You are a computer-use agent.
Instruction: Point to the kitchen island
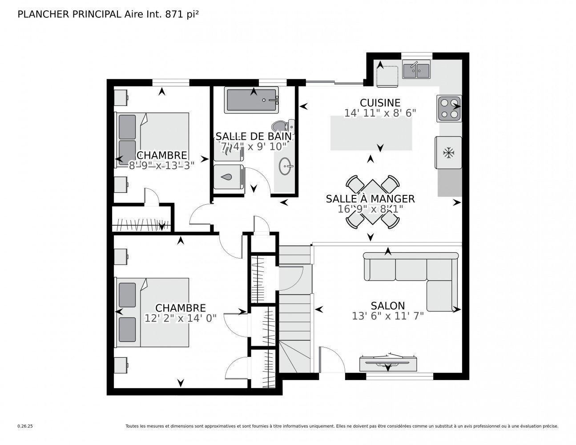point(371,133)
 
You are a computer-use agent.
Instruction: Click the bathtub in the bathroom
point(251,100)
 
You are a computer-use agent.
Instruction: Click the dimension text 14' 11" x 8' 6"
point(380,113)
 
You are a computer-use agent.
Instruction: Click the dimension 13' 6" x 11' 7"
point(388,316)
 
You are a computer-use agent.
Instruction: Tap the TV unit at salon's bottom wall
point(388,363)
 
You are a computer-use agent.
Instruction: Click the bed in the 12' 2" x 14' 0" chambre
point(153,312)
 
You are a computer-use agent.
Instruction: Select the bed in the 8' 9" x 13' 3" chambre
point(153,139)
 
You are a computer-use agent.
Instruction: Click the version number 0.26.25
point(25,426)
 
